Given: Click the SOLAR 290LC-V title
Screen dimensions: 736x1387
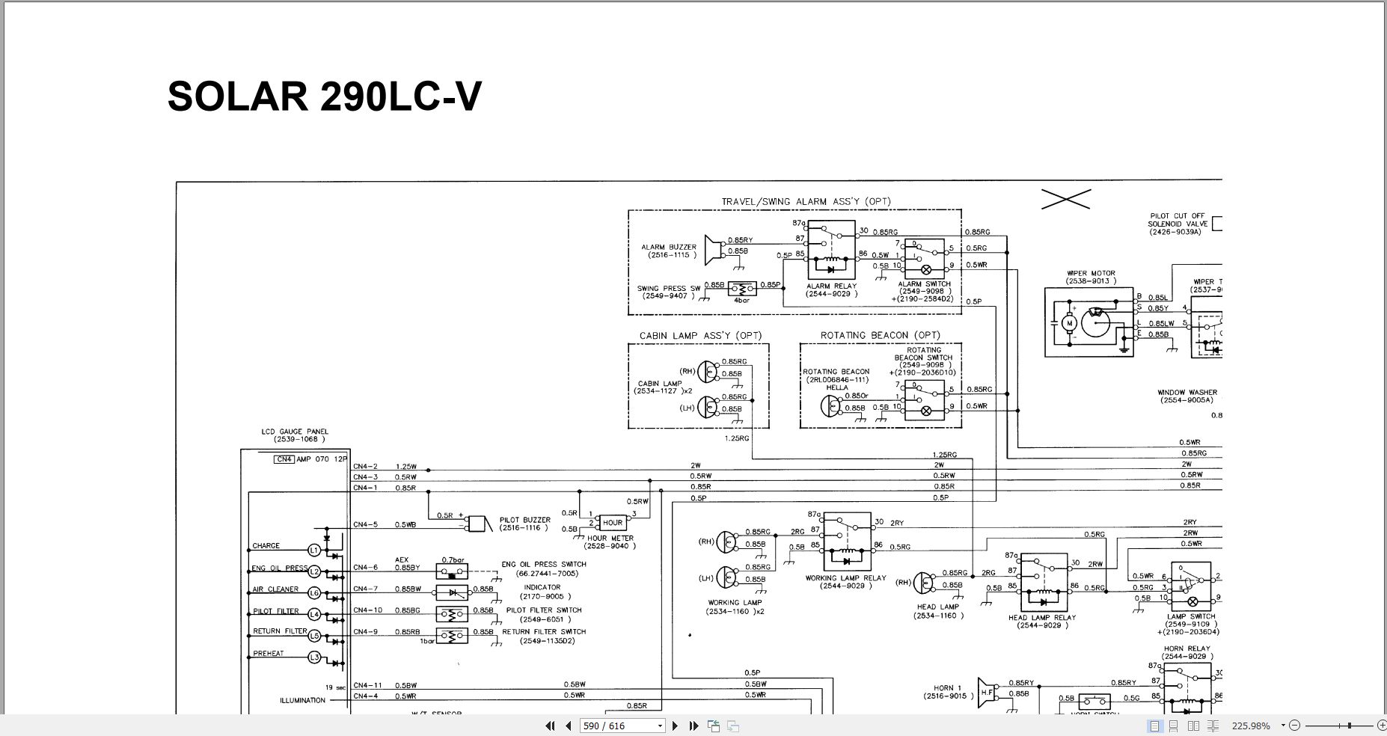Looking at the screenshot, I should [325, 96].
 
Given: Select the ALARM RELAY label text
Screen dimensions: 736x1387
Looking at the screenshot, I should [831, 286].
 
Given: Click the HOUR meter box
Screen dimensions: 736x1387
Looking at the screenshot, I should [612, 523].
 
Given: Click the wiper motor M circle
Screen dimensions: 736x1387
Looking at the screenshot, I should [1070, 323].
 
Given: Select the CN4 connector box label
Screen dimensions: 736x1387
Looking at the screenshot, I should [284, 459].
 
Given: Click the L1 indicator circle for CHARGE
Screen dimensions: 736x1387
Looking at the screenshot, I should [314, 551].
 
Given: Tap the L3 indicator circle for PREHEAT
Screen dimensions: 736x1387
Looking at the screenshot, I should [314, 657].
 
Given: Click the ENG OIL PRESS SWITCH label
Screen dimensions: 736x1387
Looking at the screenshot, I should [544, 565].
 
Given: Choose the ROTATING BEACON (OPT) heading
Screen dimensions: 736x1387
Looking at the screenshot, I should [880, 335].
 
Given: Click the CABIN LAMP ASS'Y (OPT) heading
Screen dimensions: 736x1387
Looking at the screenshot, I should [695, 336].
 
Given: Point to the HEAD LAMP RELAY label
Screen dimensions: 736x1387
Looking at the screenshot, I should [1042, 618].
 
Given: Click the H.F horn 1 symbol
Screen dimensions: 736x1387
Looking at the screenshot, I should [987, 693].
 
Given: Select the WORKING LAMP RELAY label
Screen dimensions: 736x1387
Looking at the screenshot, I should [845, 578].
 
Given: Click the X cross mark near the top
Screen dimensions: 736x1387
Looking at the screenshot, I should [1065, 198].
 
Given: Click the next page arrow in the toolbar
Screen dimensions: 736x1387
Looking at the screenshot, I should [675, 726].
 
